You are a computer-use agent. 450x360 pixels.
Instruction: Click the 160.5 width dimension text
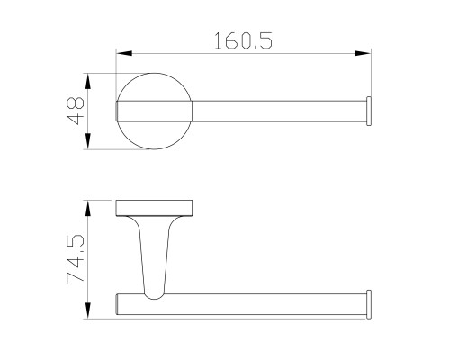243,40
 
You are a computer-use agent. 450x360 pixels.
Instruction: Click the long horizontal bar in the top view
279,112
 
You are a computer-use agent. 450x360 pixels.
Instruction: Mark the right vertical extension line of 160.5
372,76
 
